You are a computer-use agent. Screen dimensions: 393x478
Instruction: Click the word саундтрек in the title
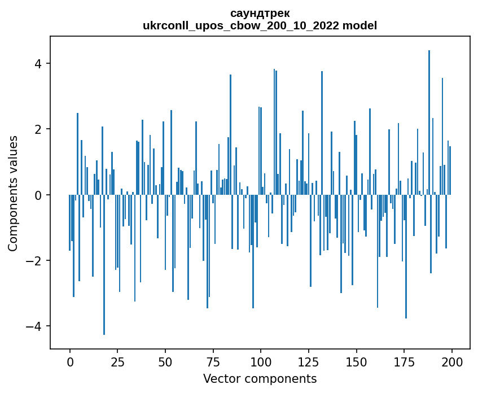(x=260, y=13)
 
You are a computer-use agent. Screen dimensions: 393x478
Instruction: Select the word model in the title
(x=362, y=25)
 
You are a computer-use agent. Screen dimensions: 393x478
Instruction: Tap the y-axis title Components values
(x=13, y=193)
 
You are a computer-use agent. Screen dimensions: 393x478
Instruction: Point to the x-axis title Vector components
(x=260, y=378)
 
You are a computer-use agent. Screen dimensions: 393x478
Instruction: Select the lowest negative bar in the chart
(x=104, y=265)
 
